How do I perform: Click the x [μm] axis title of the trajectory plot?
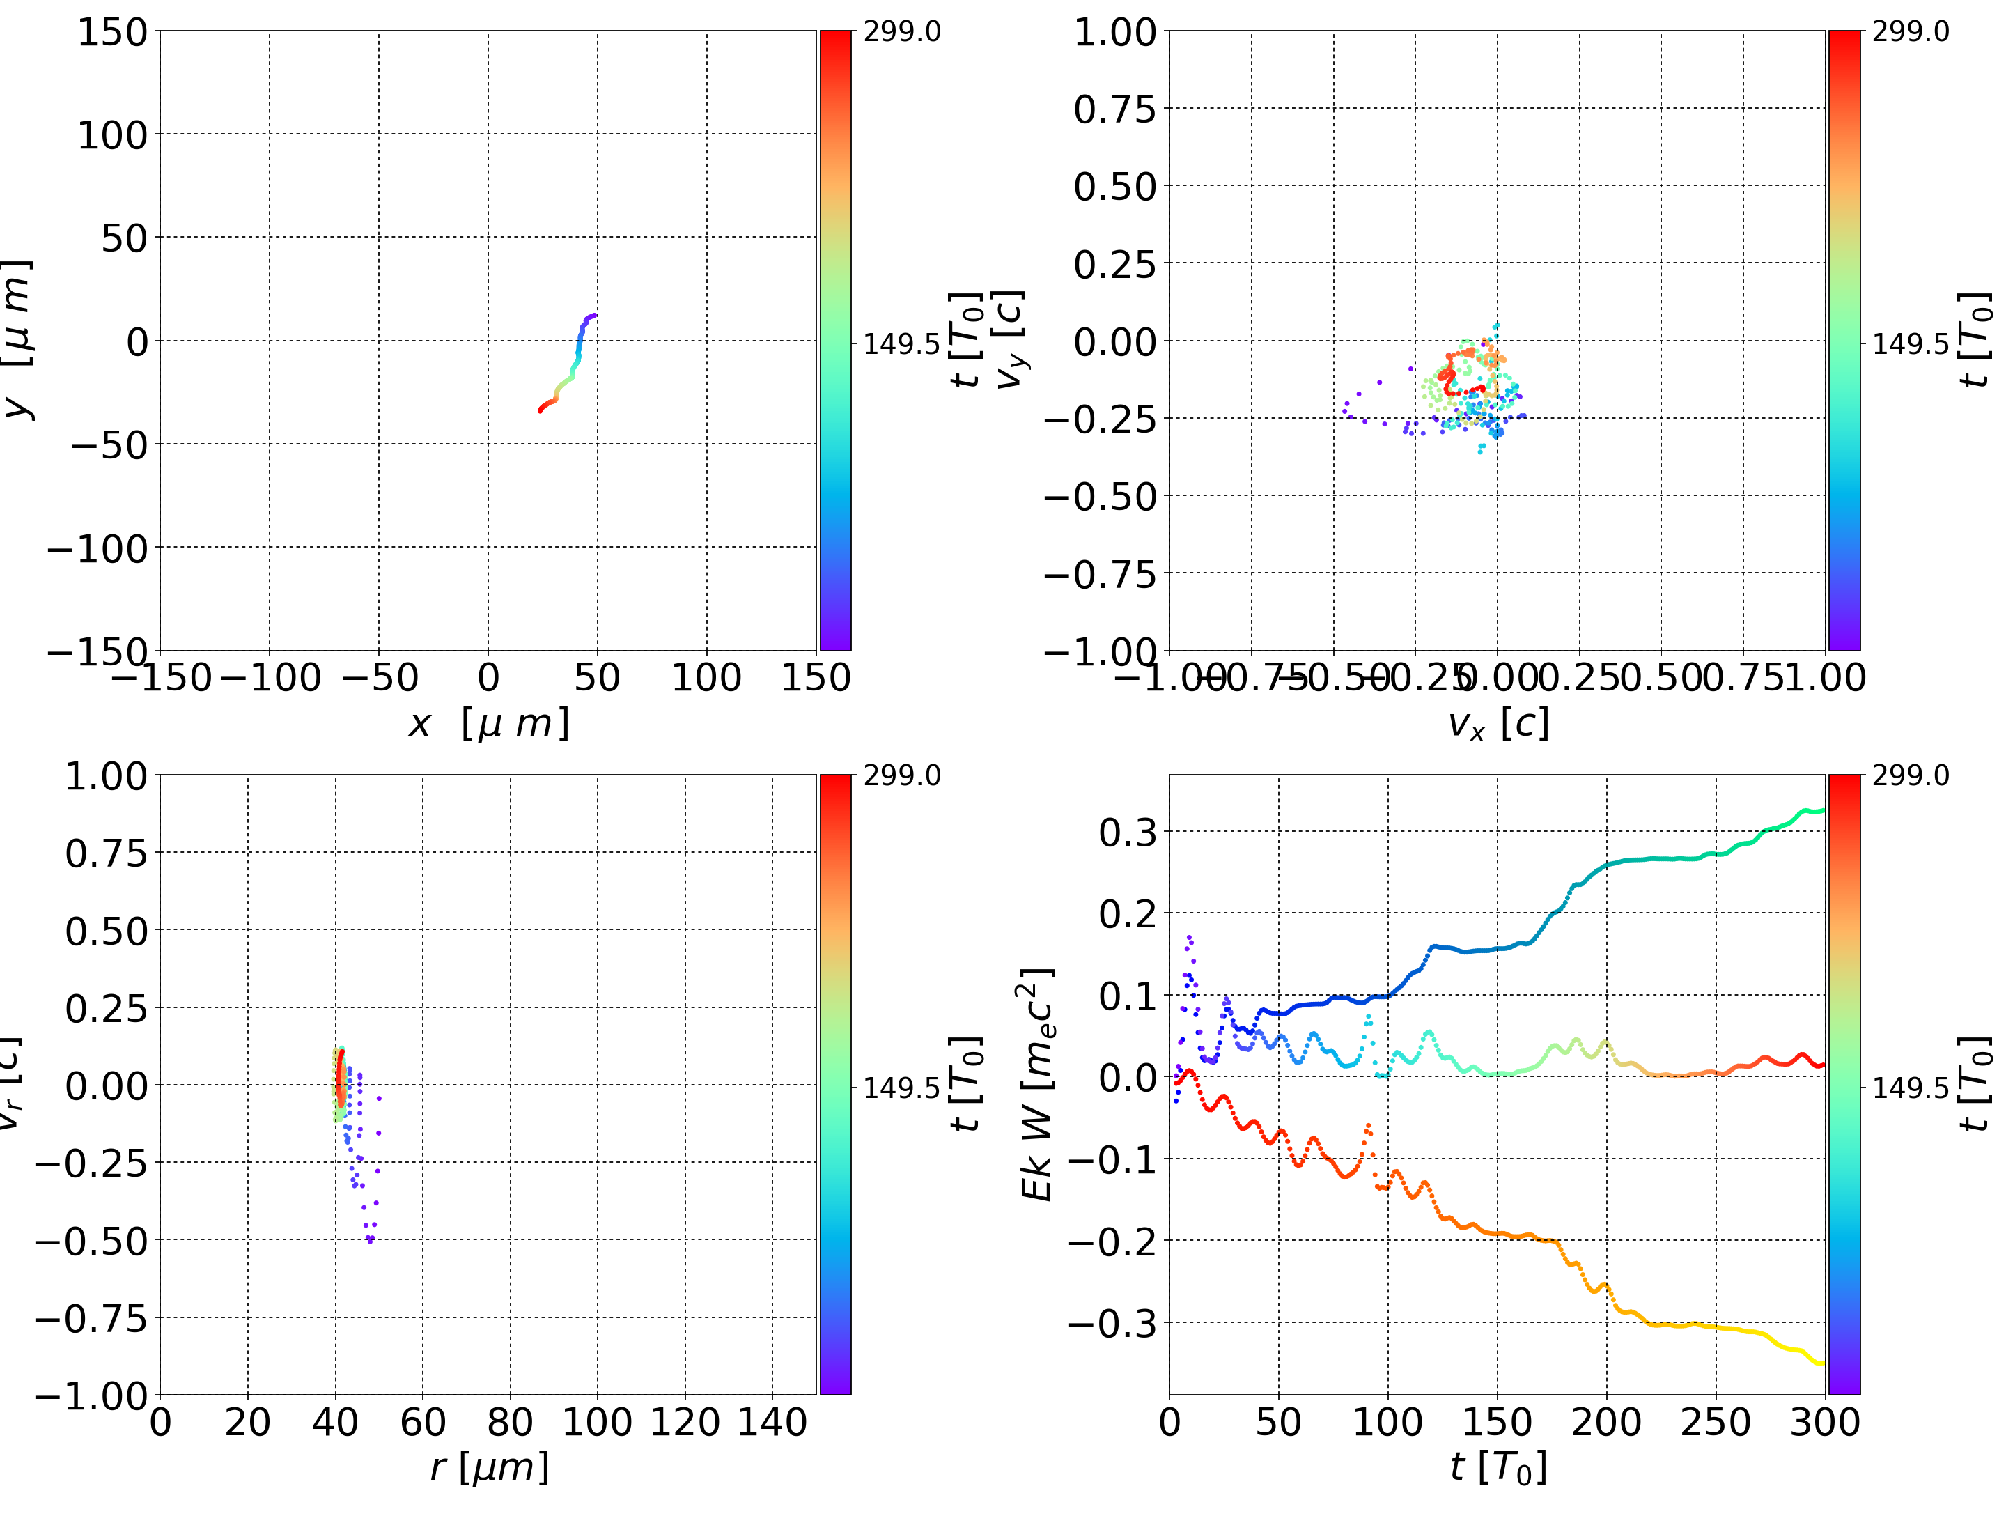489,724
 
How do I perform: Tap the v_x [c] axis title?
1498,724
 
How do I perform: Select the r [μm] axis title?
489,1467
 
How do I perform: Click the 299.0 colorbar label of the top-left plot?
901,32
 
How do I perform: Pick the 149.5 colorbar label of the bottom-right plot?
1910,1087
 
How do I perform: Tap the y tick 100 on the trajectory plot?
111,135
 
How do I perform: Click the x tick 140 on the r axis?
772,1422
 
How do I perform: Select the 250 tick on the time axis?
1716,1422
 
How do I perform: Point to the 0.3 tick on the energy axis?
1128,832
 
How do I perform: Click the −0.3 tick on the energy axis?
1114,1324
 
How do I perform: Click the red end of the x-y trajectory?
541,410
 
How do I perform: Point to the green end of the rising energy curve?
1821,810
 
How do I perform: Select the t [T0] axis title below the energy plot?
1498,1467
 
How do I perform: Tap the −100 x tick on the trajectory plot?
270,678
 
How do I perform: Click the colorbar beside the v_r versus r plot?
835,1084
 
